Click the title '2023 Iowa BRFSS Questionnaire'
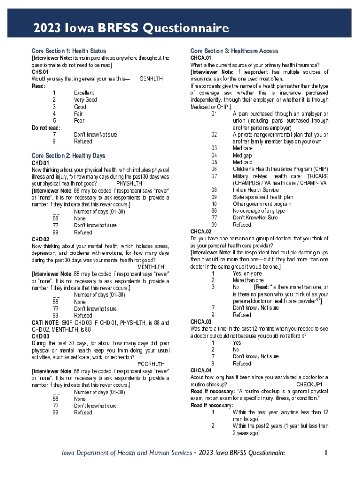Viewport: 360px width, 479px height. point(130,29)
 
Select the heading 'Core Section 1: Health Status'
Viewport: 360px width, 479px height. point(69,51)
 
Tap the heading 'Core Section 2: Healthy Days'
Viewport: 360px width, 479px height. point(68,156)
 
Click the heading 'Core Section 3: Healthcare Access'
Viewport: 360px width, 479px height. point(234,51)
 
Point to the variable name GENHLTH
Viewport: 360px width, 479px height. point(151,79)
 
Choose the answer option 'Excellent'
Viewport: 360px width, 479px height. point(84,93)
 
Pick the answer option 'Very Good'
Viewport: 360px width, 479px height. point(86,100)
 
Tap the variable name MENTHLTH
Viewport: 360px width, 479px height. point(153,267)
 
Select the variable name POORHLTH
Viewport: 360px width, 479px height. point(153,363)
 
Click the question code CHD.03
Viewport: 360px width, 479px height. point(40,336)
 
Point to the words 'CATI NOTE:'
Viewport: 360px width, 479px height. point(45,323)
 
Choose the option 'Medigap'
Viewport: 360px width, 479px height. point(243,155)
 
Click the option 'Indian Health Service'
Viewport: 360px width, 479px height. point(256,190)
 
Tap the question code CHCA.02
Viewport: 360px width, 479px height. point(201,232)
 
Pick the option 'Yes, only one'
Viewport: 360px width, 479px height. point(247,273)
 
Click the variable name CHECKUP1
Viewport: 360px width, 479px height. point(312,384)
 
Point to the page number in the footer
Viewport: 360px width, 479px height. point(327,453)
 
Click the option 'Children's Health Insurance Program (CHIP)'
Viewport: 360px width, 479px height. point(281,169)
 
